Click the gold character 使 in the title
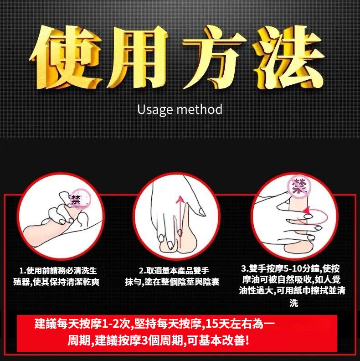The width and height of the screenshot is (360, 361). (66, 57)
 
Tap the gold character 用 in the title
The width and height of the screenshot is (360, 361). (136, 57)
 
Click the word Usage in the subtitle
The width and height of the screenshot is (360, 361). (155, 110)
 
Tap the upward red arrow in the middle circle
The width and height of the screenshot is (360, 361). (180, 222)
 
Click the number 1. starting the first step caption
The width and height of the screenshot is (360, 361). (23, 270)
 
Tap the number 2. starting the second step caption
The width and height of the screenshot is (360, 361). (142, 270)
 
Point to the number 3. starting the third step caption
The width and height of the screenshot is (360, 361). (244, 268)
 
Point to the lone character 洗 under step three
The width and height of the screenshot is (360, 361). (294, 303)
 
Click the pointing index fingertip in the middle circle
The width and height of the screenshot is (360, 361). (202, 212)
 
